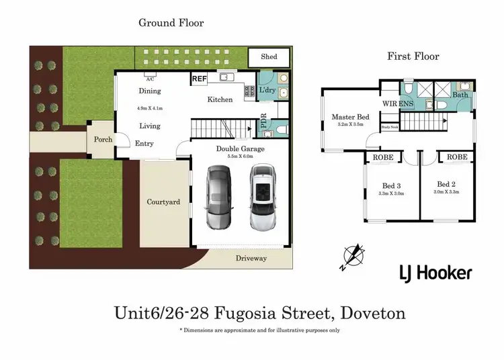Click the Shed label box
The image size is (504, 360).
pos(268,57)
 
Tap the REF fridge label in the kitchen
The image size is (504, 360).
pos(199,79)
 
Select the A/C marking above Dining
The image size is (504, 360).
pos(150,77)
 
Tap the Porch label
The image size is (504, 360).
pos(102,140)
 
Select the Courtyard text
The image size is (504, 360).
pos(163,201)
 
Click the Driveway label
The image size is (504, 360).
pos(251,258)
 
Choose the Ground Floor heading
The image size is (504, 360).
pos(171,23)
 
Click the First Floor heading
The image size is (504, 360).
pos(413,56)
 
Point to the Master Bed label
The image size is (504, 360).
pos(348,117)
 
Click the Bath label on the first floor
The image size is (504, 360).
pos(460,95)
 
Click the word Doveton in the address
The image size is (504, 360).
pos(374,313)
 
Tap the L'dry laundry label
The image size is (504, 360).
pos(267,89)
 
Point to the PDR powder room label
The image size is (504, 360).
pos(264,124)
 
